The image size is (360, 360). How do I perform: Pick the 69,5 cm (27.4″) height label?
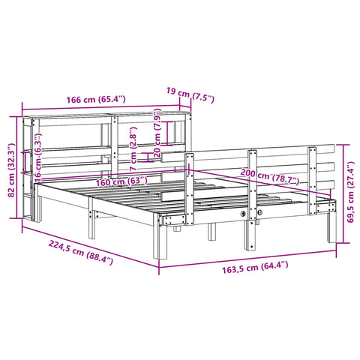(x=349, y=192)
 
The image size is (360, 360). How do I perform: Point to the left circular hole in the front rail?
(x=244, y=215)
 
